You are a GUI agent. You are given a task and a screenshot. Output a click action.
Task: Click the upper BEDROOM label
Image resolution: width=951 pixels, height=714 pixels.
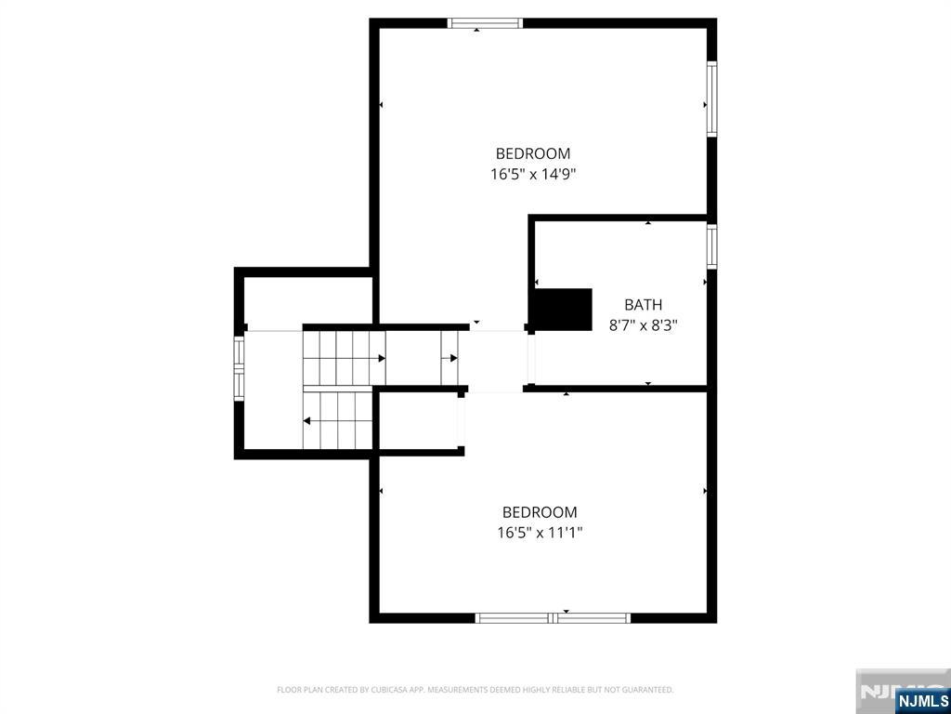point(532,153)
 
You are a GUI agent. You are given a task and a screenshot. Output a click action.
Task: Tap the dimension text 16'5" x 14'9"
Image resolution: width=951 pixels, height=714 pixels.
point(533,174)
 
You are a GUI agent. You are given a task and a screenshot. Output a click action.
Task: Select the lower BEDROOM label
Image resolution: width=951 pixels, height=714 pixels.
point(539,511)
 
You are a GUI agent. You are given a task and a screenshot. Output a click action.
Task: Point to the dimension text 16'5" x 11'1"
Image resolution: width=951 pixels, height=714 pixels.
point(540,533)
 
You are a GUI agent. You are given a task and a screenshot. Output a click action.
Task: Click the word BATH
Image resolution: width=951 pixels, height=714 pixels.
point(643,304)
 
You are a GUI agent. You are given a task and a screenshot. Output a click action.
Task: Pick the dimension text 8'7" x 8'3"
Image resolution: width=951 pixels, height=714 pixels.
point(643,325)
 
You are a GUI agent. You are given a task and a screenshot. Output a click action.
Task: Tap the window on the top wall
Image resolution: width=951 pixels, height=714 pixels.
point(485,23)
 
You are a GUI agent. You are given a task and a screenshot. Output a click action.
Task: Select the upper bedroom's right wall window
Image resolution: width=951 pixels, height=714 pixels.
point(711,99)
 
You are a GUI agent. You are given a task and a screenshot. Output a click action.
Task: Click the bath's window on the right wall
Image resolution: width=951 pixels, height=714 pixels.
point(711,246)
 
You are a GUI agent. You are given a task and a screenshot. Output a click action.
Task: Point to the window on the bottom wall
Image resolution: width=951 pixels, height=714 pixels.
point(553,617)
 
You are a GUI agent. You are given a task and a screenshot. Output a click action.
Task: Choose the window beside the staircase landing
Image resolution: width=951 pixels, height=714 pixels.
point(239,367)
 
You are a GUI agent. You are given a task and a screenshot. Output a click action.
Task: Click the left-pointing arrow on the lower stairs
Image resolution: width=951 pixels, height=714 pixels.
point(307,421)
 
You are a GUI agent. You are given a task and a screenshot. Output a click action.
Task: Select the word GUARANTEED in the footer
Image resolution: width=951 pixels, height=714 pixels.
point(647,690)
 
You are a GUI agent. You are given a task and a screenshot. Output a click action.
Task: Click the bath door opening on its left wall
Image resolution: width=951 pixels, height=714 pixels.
point(531,358)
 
